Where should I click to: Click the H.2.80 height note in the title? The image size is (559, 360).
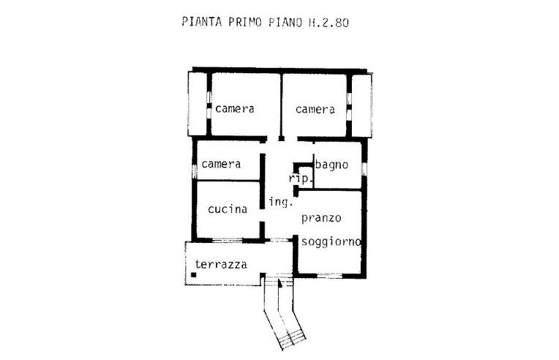pos(329,22)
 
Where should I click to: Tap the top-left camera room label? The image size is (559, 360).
pos(235,109)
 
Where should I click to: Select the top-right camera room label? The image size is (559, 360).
pos(315,110)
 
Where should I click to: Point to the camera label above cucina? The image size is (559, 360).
pos(221,164)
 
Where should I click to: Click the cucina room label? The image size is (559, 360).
pos(227,209)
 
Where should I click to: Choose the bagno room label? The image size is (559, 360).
pos(331,164)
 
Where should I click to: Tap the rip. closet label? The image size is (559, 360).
pos(301,179)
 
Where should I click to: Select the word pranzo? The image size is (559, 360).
pos(320,218)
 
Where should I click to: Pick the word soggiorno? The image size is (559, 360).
pos(333,241)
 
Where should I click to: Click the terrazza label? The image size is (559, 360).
pos(220,264)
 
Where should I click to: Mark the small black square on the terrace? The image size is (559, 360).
pos(193,275)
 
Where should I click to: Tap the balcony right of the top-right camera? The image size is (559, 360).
pos(361,104)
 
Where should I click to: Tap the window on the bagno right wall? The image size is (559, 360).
pos(364,169)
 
